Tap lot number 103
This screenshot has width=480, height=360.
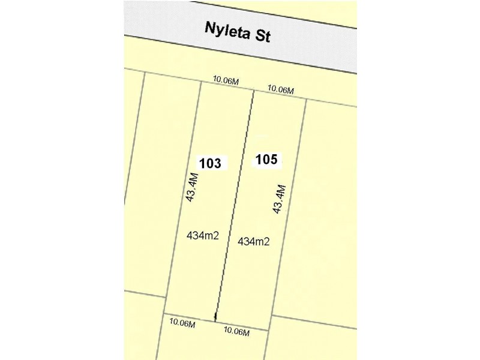click(x=210, y=163)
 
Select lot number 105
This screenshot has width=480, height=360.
click(x=266, y=160)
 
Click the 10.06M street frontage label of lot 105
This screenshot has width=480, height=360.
click(x=280, y=89)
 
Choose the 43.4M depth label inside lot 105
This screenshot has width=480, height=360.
click(x=279, y=199)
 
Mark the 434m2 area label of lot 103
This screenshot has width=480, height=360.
click(x=203, y=236)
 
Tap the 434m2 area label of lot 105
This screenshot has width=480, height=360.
click(x=253, y=241)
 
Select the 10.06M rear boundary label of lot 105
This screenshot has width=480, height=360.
click(x=237, y=331)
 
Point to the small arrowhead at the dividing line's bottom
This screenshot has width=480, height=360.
click(x=216, y=316)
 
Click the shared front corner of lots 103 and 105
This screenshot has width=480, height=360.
click(x=253, y=91)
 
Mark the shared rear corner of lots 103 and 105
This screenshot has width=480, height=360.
click(x=215, y=322)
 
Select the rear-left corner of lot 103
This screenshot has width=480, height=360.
click(x=164, y=313)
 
